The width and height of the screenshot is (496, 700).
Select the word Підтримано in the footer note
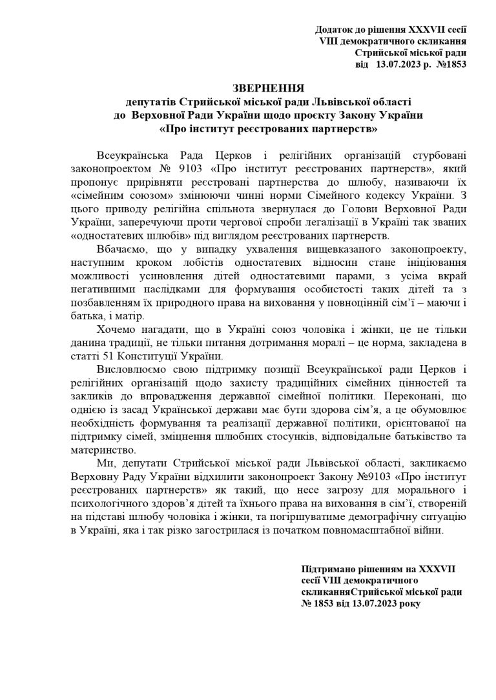[x=326, y=569]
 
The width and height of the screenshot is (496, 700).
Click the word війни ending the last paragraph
[x=430, y=530]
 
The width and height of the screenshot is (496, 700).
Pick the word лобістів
[x=186, y=263]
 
